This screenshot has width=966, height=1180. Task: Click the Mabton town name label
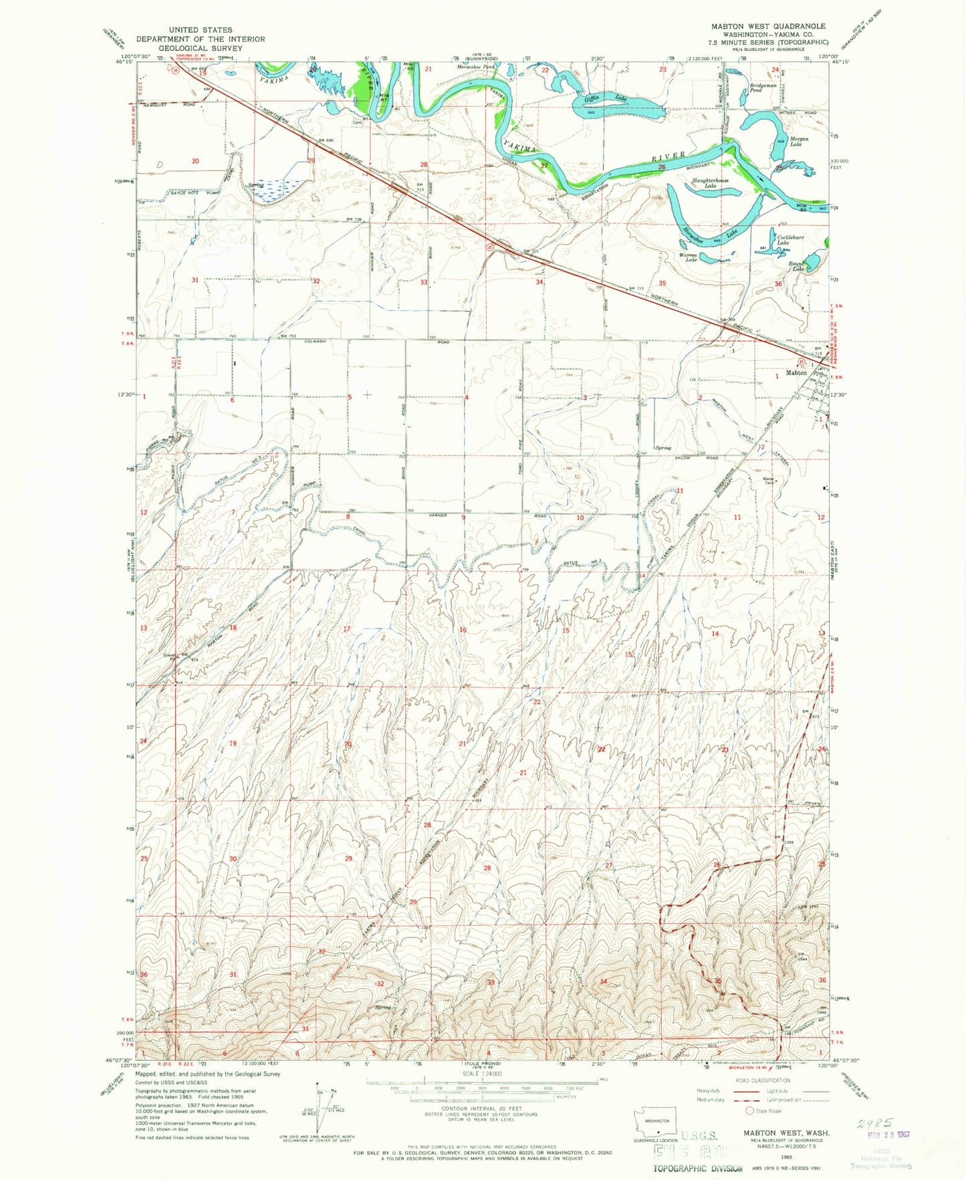click(796, 372)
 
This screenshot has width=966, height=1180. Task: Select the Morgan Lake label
click(799, 142)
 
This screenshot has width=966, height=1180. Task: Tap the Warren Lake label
click(689, 257)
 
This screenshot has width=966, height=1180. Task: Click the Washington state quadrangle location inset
click(656, 1124)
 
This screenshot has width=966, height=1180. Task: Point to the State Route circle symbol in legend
click(750, 1111)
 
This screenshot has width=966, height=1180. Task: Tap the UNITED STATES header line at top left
click(201, 30)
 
